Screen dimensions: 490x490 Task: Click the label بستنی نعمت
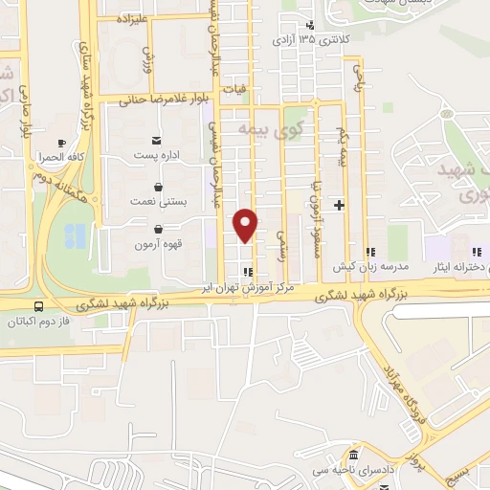158,202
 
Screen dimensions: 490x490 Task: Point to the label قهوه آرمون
157,245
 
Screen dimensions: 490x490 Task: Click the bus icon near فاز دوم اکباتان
38,307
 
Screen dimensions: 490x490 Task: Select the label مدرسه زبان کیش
370,267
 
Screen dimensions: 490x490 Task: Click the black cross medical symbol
339,204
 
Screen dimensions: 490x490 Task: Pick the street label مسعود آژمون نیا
311,201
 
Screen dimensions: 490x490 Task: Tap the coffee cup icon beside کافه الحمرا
62,141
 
